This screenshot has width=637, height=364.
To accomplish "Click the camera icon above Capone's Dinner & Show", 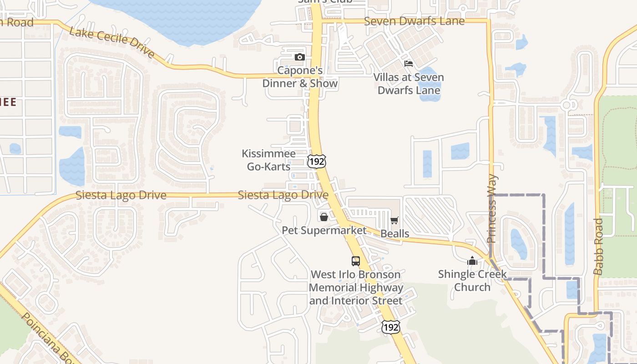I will click(299, 57).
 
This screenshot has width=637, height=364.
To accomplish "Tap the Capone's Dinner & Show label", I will click(300, 77).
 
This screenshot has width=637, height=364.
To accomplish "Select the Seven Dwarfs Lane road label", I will click(415, 21).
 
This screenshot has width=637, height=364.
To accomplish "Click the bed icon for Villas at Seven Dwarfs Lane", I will click(409, 64).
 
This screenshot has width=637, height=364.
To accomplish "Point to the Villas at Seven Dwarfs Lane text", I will click(409, 84).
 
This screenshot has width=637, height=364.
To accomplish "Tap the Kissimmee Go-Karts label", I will click(268, 160).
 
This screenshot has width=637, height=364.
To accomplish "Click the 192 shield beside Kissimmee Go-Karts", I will click(316, 161).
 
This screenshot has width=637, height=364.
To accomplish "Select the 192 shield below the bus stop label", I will click(390, 326).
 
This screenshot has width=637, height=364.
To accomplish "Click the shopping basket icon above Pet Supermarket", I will click(324, 217).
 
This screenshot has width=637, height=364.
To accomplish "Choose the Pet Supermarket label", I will click(324, 230).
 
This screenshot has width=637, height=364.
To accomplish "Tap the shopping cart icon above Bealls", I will click(394, 221).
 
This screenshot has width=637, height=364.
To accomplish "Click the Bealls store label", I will click(394, 234).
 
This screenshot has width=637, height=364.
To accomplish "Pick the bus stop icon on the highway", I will click(356, 261).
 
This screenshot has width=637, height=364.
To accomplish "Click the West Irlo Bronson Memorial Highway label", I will click(356, 288).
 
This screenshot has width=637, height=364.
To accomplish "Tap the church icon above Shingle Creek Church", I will click(472, 261).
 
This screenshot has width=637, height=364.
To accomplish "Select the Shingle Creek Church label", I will click(472, 281).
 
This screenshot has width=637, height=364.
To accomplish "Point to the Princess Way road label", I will click(492, 209).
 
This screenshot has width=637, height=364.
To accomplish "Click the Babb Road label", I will click(598, 247).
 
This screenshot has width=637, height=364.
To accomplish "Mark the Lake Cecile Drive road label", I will click(112, 42).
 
